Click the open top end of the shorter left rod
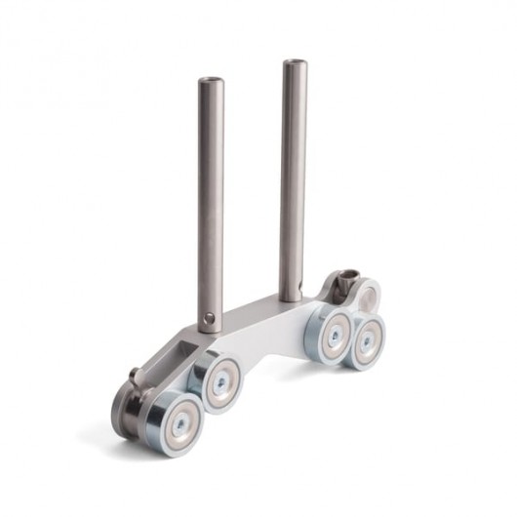(211, 82)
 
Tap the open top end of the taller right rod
(295, 64)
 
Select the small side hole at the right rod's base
(300, 290)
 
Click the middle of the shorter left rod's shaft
(212, 195)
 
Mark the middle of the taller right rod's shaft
(294, 180)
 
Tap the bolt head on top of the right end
(342, 283)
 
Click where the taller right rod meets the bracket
(292, 298)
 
